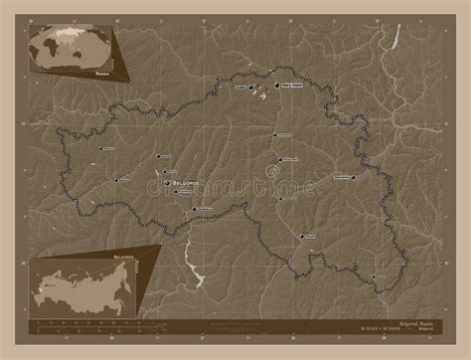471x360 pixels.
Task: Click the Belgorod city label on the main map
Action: click(186, 183)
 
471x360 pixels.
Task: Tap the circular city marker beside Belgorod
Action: click(167, 184)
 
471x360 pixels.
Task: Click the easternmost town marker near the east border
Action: click(355, 176)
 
